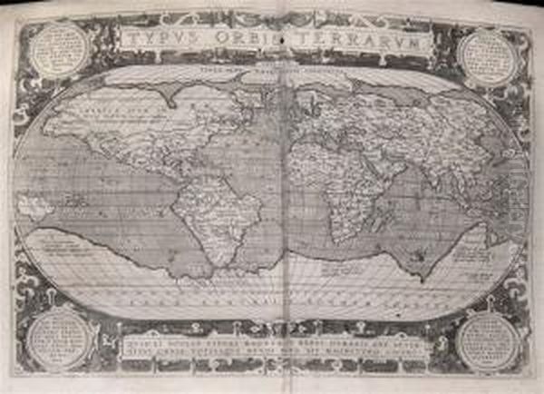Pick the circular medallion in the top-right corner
(x=486, y=54)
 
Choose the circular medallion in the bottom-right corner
(x=487, y=341)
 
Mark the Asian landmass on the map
(x=408, y=118)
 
